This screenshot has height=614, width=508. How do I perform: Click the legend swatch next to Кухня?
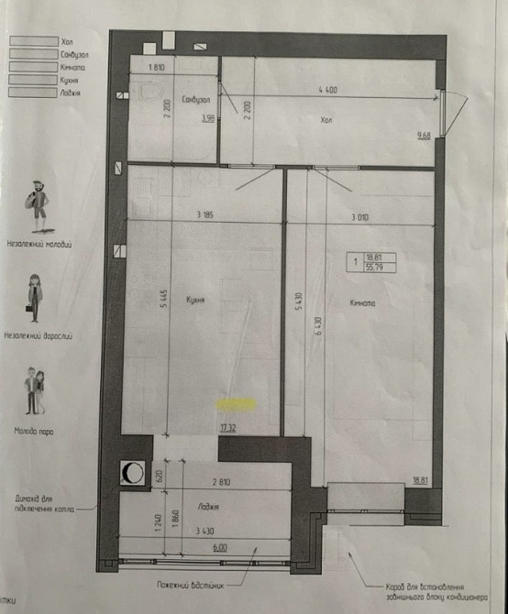tap(29, 80)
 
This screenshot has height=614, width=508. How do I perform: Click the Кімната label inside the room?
tap(364, 302)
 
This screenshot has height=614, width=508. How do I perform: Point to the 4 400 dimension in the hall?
tap(329, 89)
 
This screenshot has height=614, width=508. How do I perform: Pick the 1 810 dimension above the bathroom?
tap(155, 67)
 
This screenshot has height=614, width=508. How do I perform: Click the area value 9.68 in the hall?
tap(424, 136)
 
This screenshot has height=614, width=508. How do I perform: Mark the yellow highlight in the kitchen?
tap(236, 401)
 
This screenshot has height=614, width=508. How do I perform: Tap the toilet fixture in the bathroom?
tap(147, 90)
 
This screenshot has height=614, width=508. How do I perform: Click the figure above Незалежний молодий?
tap(39, 203)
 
